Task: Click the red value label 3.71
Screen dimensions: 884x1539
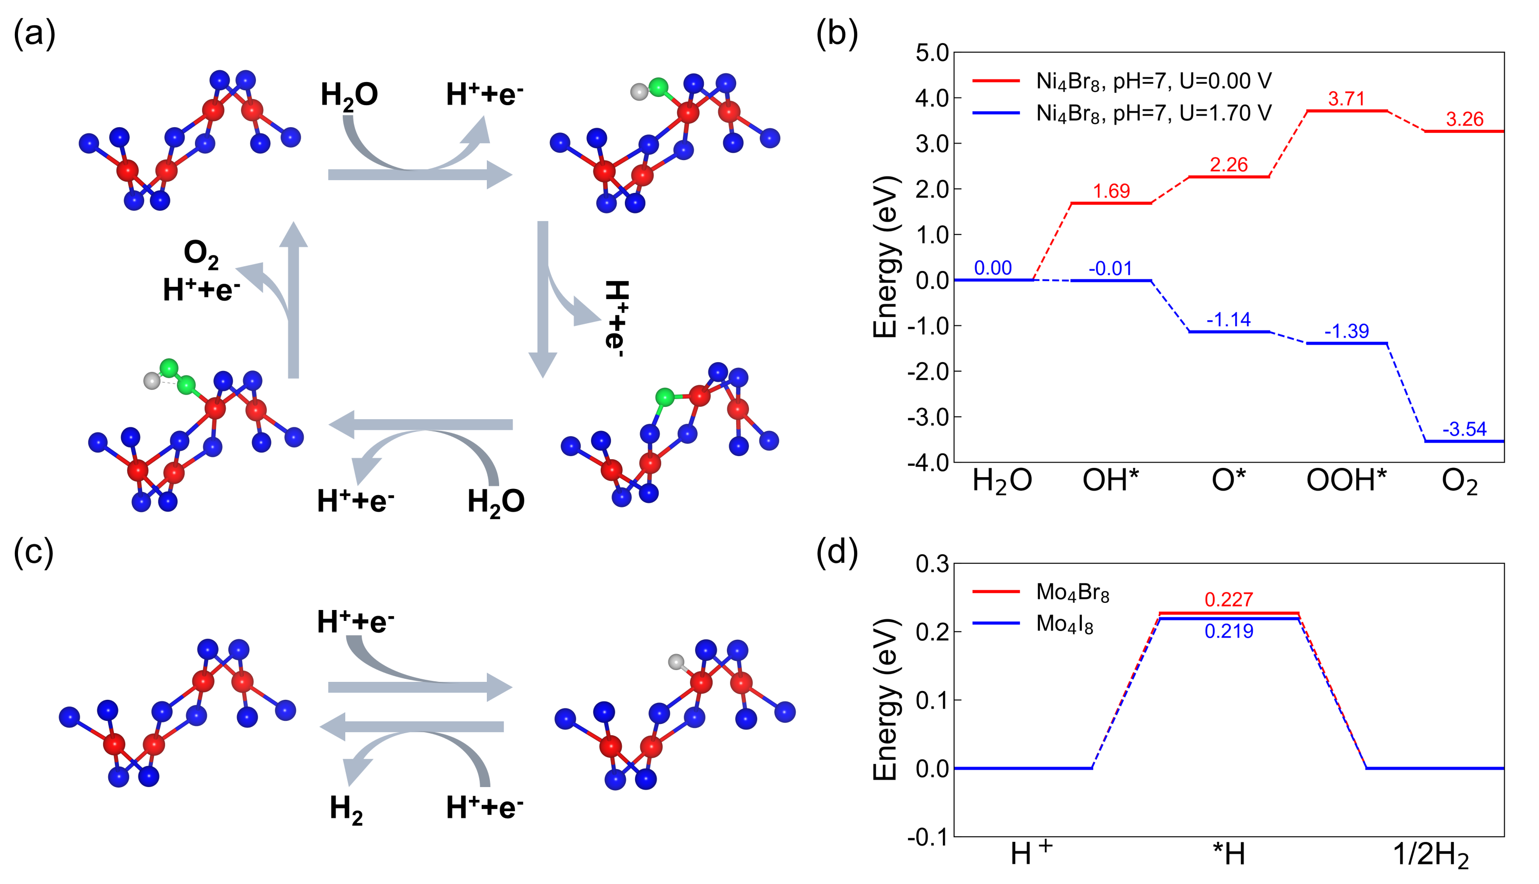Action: pos(1346,99)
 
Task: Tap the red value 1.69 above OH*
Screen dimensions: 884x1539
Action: pos(1111,191)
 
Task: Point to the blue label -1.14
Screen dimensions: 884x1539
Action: pos(1228,319)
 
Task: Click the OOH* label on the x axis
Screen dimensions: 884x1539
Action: pos(1346,481)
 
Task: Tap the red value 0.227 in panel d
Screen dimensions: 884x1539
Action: pos(1229,599)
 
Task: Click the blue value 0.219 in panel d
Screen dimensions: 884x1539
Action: pos(1229,632)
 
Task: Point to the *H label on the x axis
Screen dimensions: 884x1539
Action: pos(1229,855)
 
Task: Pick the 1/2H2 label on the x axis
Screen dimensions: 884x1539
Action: pos(1430,855)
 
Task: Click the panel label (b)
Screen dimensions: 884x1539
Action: pos(837,33)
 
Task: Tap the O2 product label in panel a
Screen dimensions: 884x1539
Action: pos(201,254)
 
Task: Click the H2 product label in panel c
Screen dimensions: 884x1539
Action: pos(346,809)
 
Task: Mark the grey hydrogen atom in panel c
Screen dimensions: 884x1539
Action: pos(676,662)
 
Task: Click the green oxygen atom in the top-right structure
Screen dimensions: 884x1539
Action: pos(658,87)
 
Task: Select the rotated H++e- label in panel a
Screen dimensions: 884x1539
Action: pos(616,318)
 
